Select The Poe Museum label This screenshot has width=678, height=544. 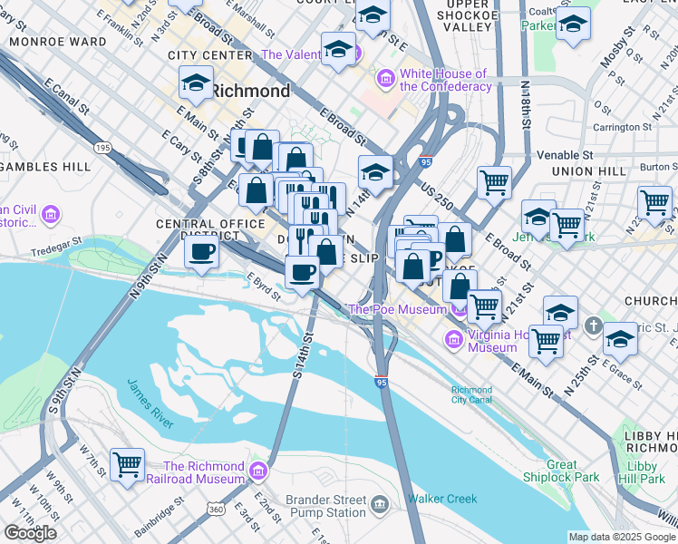397,309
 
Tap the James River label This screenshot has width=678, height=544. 150,404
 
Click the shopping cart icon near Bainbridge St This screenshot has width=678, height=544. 127,465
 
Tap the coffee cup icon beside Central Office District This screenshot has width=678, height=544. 201,251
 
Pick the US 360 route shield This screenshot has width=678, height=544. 217,511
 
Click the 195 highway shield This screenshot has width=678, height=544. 102,147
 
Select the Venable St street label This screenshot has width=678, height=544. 564,155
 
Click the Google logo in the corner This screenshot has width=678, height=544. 30,533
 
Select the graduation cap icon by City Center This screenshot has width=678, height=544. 196,83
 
